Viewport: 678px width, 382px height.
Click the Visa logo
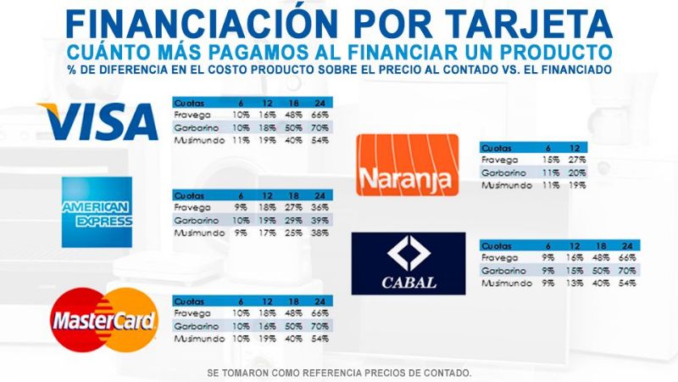coord(97,121)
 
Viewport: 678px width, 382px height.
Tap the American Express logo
coord(97,212)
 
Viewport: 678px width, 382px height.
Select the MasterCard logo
coord(104,320)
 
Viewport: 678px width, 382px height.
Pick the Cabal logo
coord(408,263)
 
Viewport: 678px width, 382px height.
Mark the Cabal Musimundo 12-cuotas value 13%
coord(575,283)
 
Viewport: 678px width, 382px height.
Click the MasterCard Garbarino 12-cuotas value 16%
coord(268,325)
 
